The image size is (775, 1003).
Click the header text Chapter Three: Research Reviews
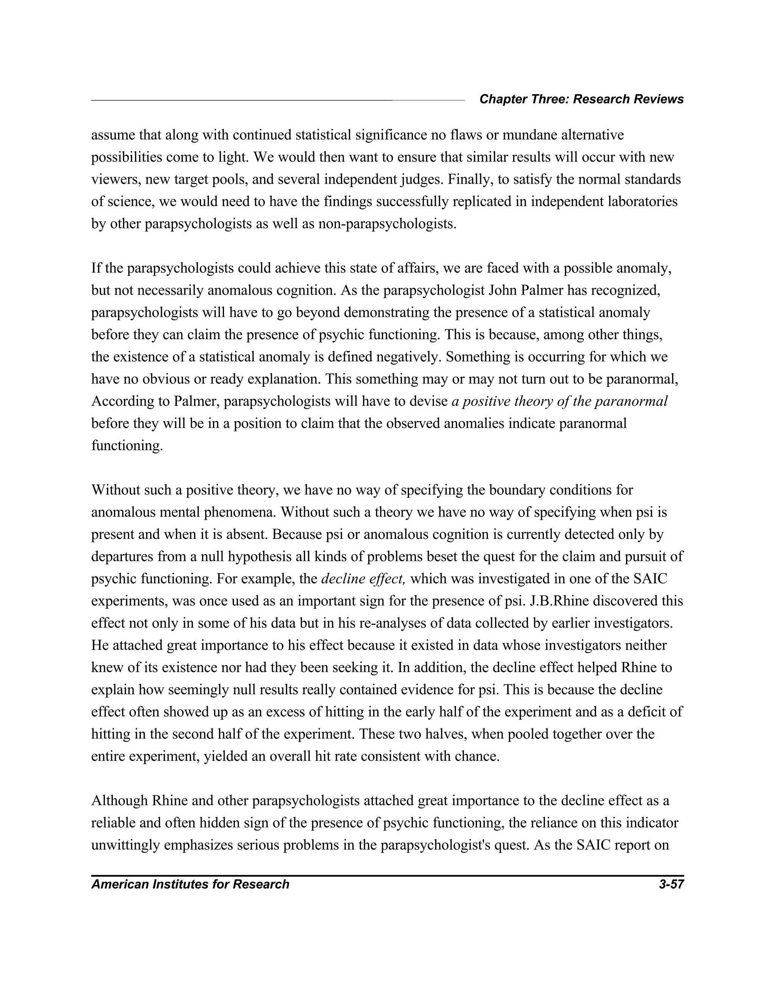tap(581, 99)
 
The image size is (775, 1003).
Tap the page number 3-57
tap(671, 884)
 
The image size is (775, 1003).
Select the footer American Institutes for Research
tap(190, 884)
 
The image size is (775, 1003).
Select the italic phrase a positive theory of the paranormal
tap(559, 401)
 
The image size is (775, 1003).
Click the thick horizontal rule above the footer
tap(387, 875)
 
